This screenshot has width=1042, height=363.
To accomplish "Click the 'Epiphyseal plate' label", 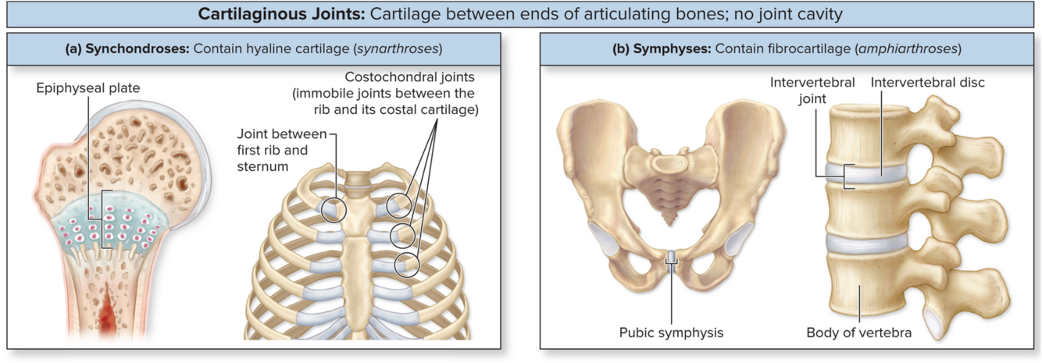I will (x=88, y=88).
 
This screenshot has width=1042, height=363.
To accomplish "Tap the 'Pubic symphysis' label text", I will (x=671, y=333).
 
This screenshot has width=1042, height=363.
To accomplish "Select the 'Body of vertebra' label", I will (x=858, y=333).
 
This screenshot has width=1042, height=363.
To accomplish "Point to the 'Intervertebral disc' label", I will (x=928, y=82).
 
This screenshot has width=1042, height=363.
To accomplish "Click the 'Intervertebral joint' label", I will (x=812, y=90).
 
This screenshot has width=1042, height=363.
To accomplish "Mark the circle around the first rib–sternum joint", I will (x=334, y=208).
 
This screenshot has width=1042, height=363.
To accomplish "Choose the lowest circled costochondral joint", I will (x=406, y=265).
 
